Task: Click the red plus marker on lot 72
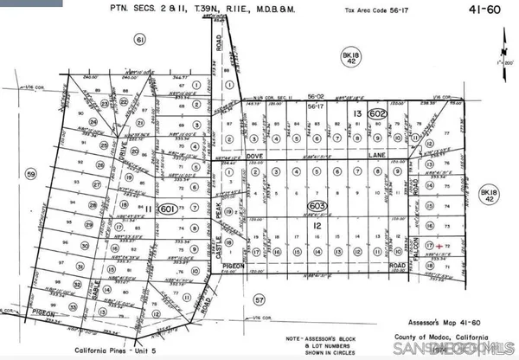coord(440,247)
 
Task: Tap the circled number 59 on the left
coord(33,175)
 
